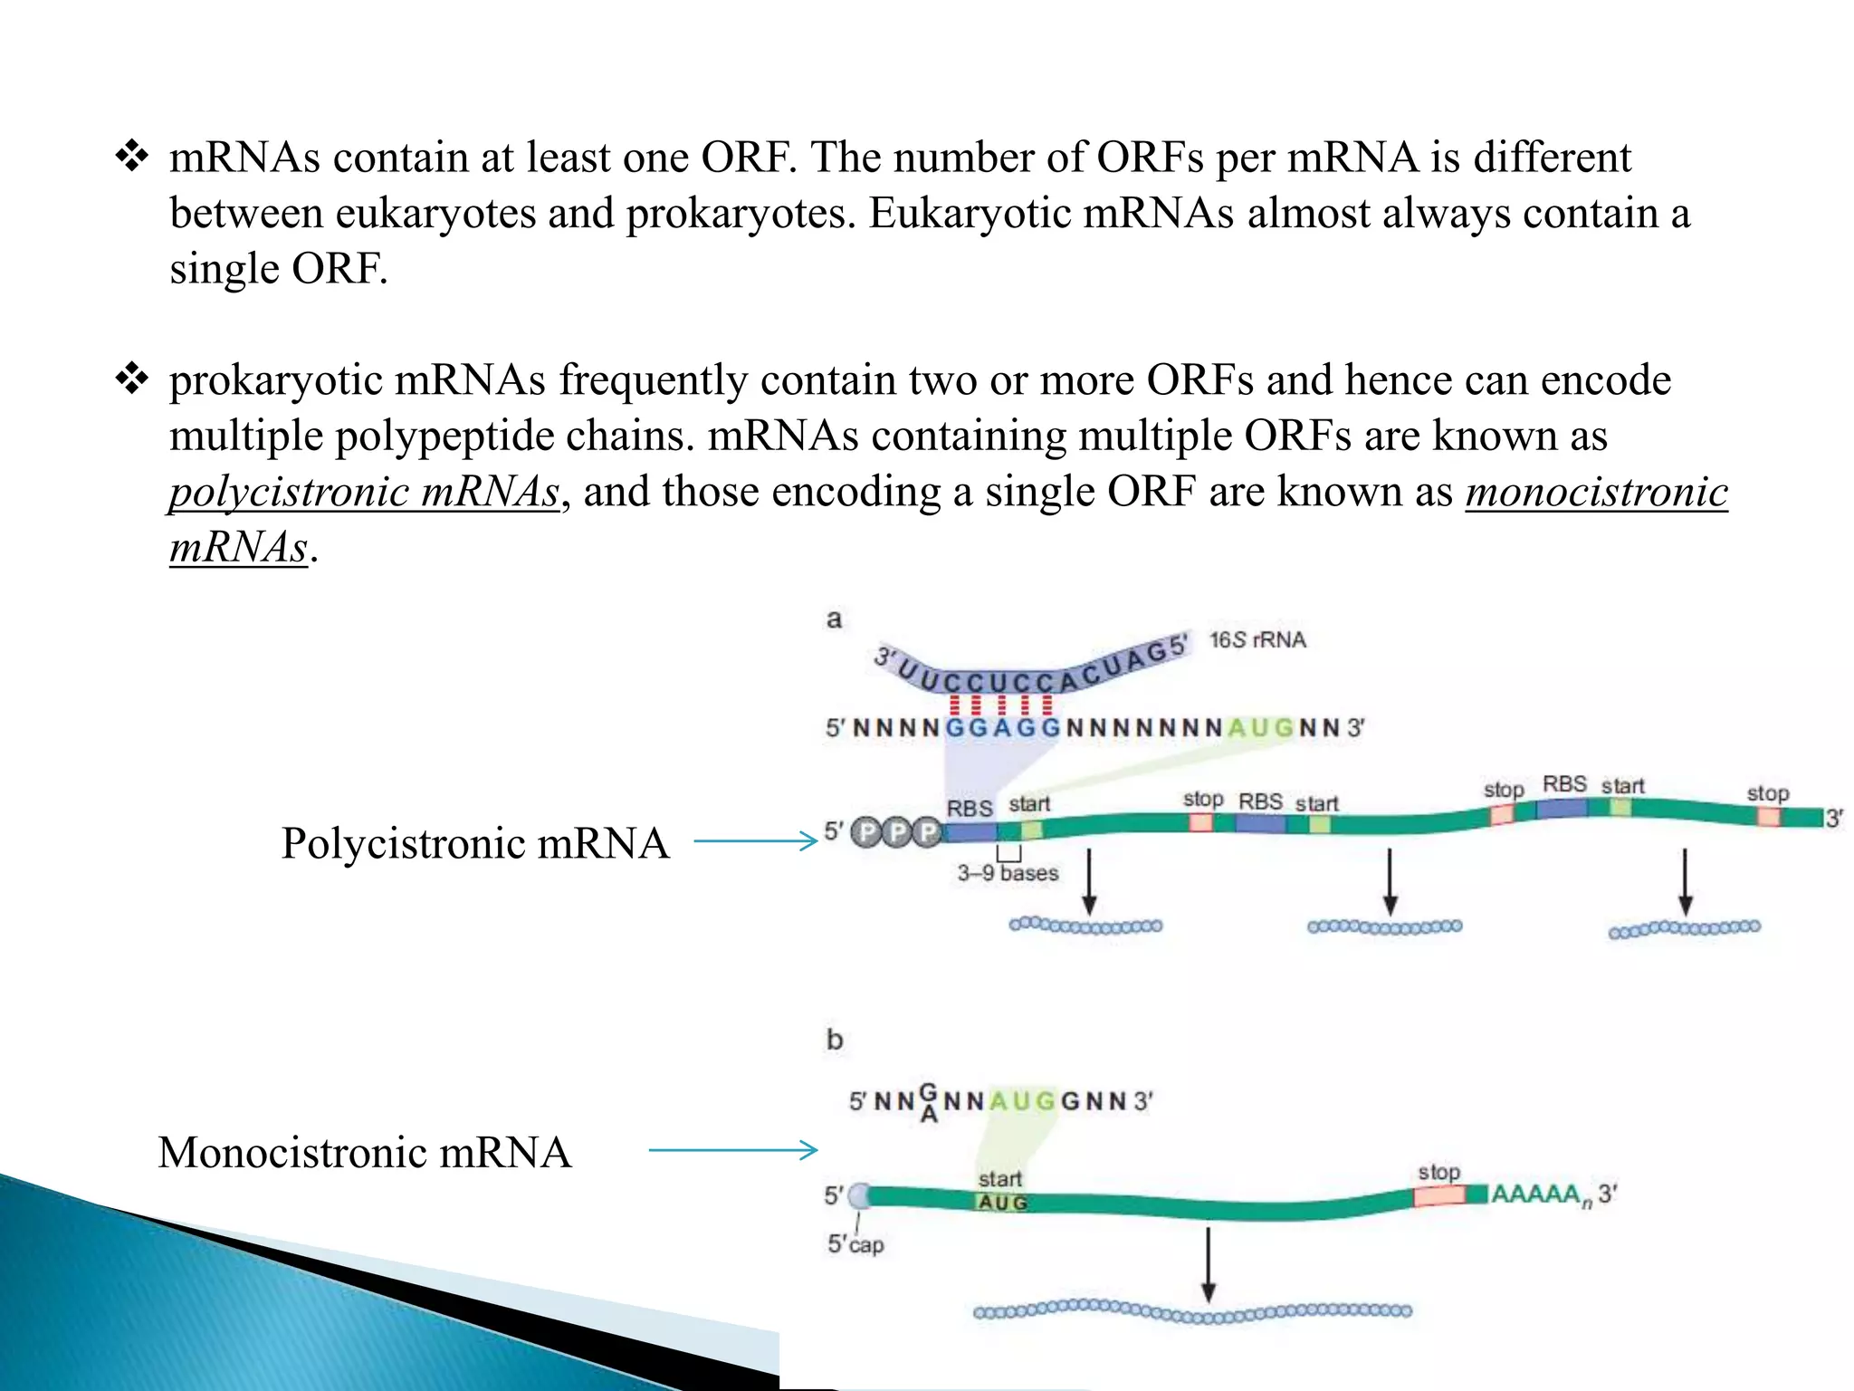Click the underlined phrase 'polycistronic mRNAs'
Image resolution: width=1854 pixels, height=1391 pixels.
click(x=364, y=493)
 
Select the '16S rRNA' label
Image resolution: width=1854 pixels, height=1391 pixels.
click(x=1257, y=640)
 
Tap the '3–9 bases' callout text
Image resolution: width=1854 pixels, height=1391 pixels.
click(x=1008, y=873)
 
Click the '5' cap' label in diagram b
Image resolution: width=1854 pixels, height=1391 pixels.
click(x=855, y=1244)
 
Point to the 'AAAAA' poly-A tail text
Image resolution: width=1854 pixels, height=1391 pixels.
click(x=1537, y=1194)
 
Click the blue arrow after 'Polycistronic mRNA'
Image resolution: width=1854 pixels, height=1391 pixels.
click(x=756, y=841)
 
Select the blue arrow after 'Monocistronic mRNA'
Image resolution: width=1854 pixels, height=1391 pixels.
click(x=733, y=1150)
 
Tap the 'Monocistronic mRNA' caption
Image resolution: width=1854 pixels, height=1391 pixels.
click(x=365, y=1153)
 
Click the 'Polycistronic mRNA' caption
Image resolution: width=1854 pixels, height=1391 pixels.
click(x=475, y=843)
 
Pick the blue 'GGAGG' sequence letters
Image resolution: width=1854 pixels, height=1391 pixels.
click(x=1002, y=728)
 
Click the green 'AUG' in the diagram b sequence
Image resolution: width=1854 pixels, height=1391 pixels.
click(x=1022, y=1101)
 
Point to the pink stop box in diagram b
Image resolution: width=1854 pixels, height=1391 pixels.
click(x=1439, y=1195)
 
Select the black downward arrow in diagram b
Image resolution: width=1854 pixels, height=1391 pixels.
click(x=1208, y=1264)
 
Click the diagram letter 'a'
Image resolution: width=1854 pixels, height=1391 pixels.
click(x=834, y=619)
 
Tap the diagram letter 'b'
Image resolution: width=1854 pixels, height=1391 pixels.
click(x=834, y=1040)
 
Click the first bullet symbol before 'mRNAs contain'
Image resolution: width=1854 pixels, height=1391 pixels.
click(x=132, y=157)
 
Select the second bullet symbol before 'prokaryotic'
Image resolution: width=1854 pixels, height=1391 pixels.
click(x=132, y=379)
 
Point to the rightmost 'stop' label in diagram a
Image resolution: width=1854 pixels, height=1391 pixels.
click(x=1767, y=793)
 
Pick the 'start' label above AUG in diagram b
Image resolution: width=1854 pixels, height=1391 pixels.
click(x=999, y=1178)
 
